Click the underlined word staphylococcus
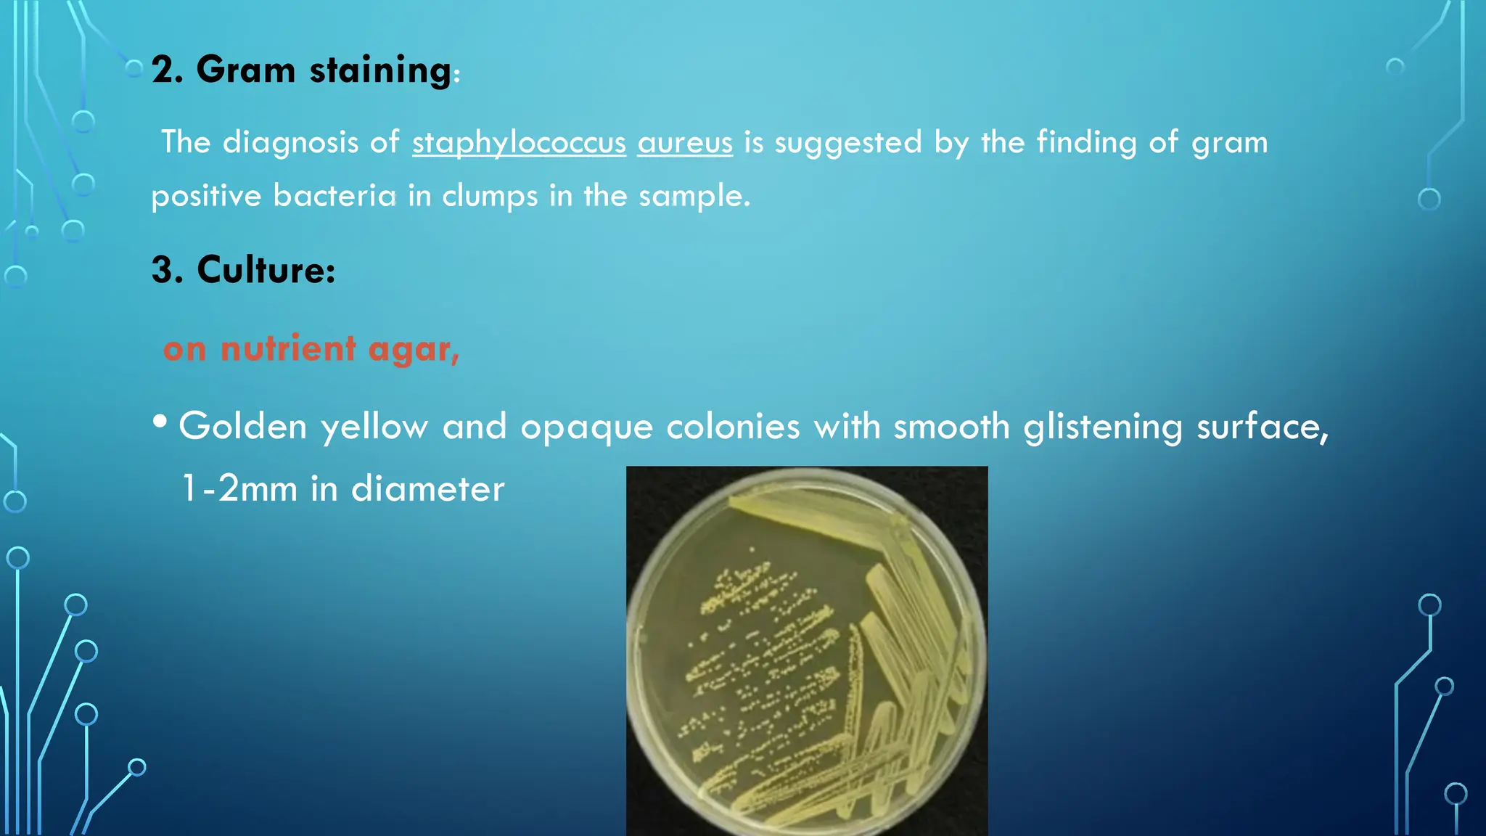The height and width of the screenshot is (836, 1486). point(519,142)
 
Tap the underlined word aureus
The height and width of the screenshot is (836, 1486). point(685,142)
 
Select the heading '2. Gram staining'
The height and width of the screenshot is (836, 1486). point(301,70)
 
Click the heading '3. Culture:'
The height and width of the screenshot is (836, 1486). point(244,270)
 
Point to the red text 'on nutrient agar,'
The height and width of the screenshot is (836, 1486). point(311,349)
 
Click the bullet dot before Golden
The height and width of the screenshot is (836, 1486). point(160,422)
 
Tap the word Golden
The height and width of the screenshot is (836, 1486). point(243,426)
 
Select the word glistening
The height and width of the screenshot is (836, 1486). point(1103,427)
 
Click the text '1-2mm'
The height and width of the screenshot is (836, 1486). point(239,488)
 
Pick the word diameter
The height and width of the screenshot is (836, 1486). point(427,488)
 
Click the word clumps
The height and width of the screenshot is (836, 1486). point(490,197)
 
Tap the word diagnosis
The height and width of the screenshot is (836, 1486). point(290,142)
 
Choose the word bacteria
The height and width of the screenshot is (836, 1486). point(334,196)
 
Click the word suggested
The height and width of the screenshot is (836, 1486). point(848,142)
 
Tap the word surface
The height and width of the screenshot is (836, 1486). point(1261,426)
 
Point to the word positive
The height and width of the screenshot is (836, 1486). point(206,197)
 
